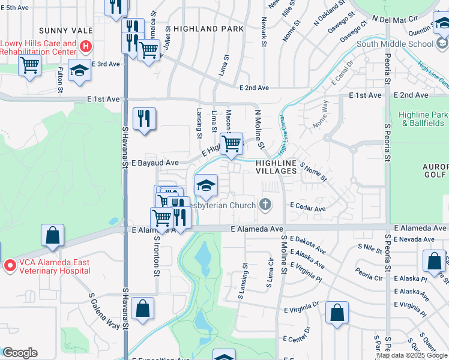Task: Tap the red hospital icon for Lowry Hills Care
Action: [86, 46]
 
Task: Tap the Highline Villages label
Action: [276, 167]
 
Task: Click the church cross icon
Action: [265, 205]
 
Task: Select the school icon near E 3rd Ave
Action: [79, 71]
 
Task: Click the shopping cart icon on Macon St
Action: [231, 143]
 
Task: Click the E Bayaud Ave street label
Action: [155, 163]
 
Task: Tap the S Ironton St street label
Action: [157, 255]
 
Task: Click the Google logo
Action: [20, 353]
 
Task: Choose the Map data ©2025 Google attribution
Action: [412, 355]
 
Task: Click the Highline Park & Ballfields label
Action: [424, 119]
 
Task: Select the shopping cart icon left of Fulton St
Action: [30, 65]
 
